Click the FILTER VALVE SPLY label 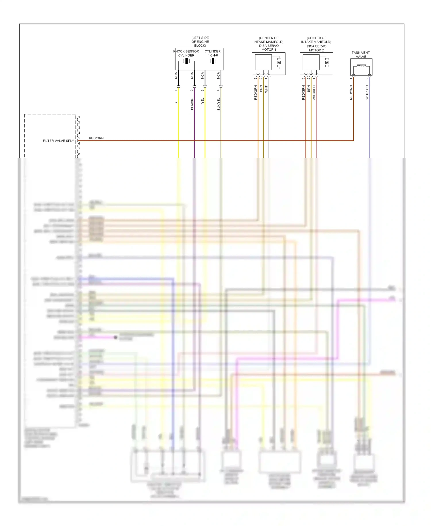(x=58, y=141)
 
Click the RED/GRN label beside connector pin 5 (x=96, y=138)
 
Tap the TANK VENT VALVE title (x=361, y=55)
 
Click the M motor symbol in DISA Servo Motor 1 (x=279, y=63)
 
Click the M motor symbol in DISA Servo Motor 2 (x=327, y=63)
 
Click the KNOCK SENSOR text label (x=186, y=51)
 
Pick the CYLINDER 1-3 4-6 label (x=213, y=53)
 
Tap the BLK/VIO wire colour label (x=192, y=104)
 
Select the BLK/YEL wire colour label (x=219, y=104)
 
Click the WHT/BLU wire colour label (x=367, y=92)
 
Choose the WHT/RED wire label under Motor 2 (x=314, y=93)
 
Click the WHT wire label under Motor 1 (x=266, y=89)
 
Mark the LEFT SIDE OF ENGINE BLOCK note (x=200, y=42)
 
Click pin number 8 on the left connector (x=79, y=154)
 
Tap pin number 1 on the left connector (x=79, y=117)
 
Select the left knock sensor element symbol (x=186, y=61)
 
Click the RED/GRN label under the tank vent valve (x=351, y=93)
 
